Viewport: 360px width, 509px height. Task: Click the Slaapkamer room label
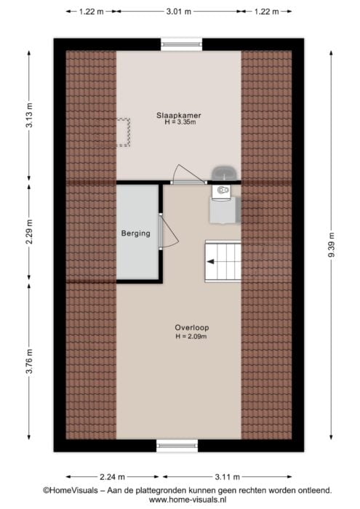point(178,115)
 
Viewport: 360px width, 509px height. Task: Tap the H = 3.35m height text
point(180,122)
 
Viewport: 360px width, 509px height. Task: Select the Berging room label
point(136,233)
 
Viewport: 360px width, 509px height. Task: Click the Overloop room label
point(192,328)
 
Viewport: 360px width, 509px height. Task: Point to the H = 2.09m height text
point(191,336)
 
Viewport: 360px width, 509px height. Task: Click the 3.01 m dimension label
point(179,12)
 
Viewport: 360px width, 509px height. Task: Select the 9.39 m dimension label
point(331,245)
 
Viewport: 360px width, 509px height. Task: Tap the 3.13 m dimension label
point(29,115)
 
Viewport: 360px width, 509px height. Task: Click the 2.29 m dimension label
point(29,232)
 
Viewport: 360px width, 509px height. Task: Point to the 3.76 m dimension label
point(29,361)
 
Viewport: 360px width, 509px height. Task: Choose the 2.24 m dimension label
point(112,477)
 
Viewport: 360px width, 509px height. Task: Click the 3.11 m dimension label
point(227,477)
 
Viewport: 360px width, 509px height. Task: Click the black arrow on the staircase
point(211,261)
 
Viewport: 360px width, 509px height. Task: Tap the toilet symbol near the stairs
point(222,191)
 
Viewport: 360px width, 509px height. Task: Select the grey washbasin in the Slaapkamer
point(223,173)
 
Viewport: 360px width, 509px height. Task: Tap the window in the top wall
point(182,44)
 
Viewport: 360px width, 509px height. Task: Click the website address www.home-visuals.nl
point(188,500)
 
